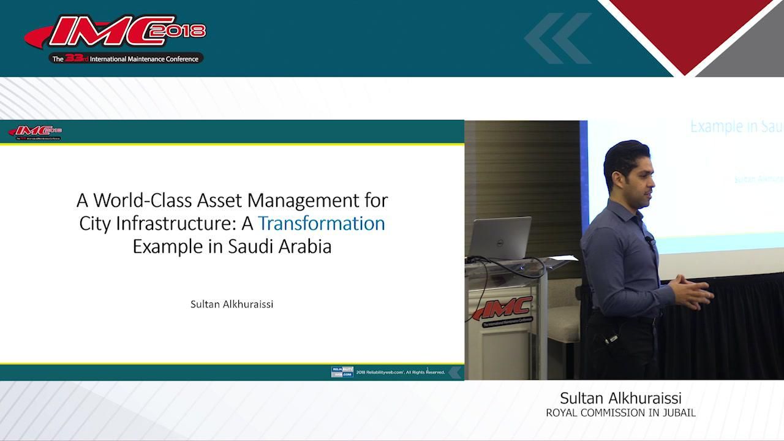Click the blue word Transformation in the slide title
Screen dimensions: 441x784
pyautogui.click(x=321, y=224)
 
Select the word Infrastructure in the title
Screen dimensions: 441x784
pyautogui.click(x=173, y=224)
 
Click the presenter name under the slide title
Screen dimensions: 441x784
pyautogui.click(x=232, y=304)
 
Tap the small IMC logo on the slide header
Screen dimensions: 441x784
pyautogui.click(x=36, y=132)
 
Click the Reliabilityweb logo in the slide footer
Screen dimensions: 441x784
pyautogui.click(x=342, y=372)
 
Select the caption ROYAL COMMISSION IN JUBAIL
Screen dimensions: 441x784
pyautogui.click(x=620, y=413)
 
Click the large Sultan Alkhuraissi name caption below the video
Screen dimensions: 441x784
pyautogui.click(x=620, y=398)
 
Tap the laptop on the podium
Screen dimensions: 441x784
pyautogui.click(x=499, y=239)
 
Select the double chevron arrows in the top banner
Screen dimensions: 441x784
pyautogui.click(x=557, y=38)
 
